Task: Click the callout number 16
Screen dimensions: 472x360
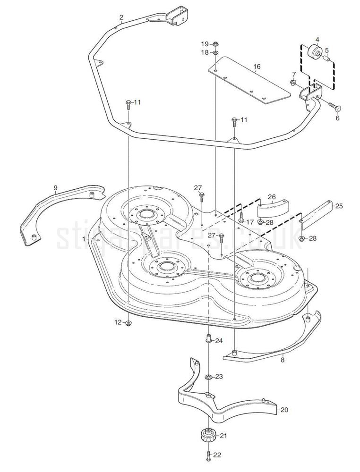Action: [x=257, y=67]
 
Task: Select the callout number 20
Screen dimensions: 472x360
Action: [x=284, y=410]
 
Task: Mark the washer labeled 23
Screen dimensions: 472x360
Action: [x=208, y=377]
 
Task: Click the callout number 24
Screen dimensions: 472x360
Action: [x=219, y=341]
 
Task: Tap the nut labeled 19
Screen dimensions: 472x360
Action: [x=214, y=43]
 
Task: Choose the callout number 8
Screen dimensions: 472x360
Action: [x=283, y=361]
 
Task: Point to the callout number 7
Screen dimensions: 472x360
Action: [x=293, y=74]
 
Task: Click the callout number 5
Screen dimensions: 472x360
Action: [x=326, y=50]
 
